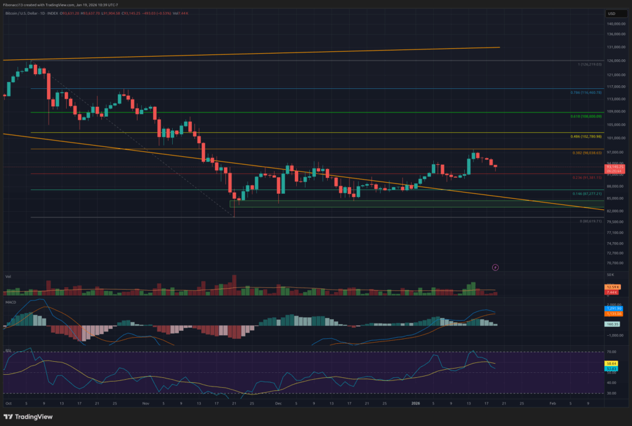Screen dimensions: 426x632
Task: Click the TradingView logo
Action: (28, 415)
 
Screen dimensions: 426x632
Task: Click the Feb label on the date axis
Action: (552, 402)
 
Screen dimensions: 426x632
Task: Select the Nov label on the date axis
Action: (146, 402)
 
